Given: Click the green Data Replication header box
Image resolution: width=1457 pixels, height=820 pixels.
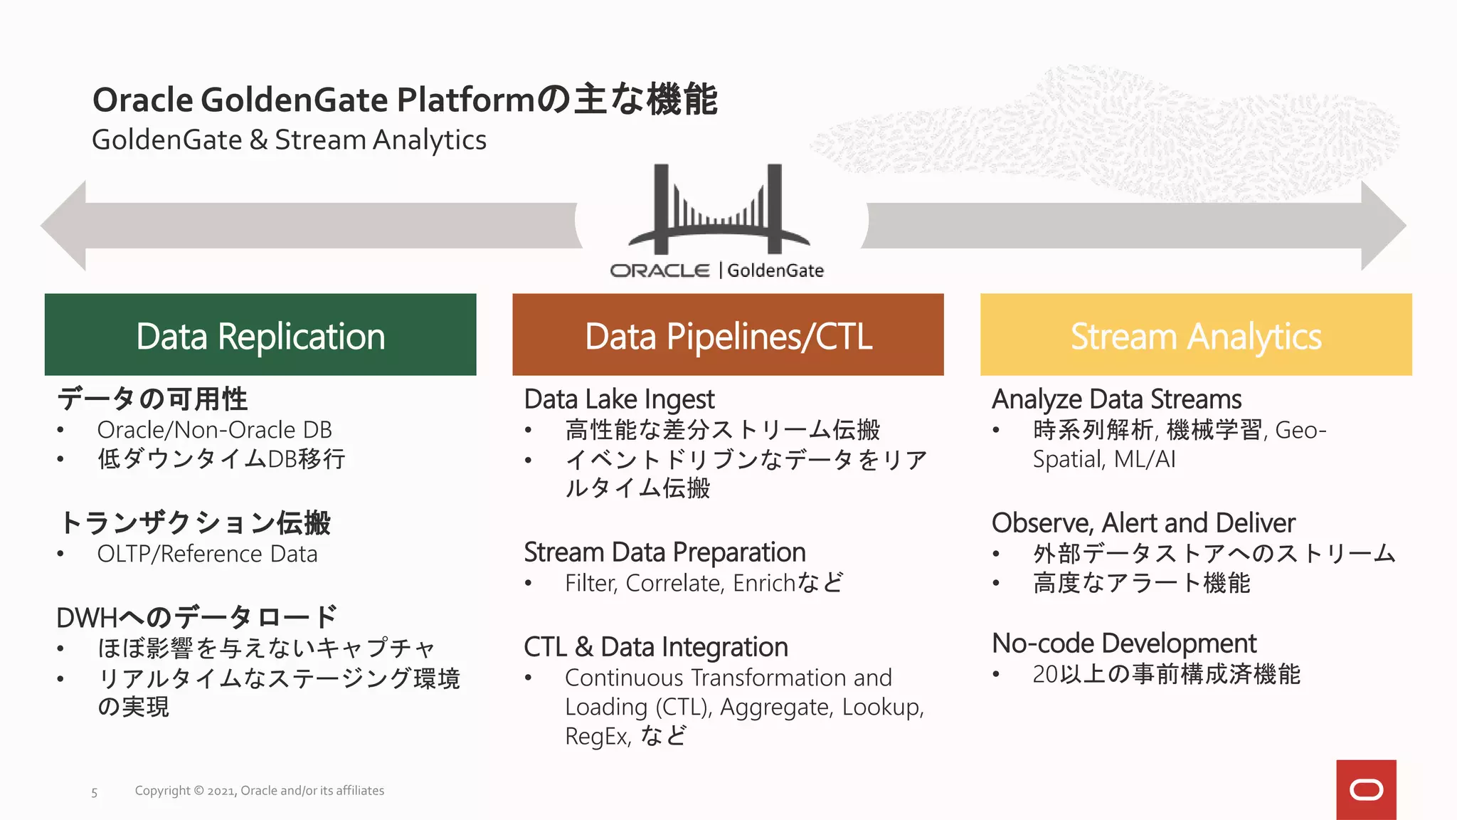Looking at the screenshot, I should [260, 335].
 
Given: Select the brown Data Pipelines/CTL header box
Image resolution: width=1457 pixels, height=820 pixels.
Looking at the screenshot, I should [728, 335].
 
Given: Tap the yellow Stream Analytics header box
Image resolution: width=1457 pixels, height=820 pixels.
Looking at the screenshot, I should [1196, 335].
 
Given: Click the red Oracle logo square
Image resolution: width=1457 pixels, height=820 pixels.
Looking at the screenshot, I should [1366, 789].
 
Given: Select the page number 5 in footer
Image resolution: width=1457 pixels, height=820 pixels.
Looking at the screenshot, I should [94, 792].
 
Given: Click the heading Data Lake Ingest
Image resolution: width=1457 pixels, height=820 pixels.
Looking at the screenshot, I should [619, 399].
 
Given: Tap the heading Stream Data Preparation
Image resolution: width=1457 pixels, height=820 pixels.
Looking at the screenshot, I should [664, 552].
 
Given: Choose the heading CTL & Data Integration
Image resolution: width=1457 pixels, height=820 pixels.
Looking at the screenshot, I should [655, 647].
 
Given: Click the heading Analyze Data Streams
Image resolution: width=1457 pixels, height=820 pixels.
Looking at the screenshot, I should [1116, 399].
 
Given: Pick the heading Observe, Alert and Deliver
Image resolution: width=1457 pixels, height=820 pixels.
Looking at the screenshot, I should [1143, 523].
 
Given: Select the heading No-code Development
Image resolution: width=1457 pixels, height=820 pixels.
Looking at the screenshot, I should [1124, 643].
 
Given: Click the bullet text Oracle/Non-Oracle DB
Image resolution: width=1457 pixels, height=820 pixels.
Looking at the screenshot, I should [214, 430].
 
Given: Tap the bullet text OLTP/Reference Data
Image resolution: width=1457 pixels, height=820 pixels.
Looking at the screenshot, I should [207, 554].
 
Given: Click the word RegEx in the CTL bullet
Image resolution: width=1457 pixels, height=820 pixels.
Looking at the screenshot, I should [596, 736].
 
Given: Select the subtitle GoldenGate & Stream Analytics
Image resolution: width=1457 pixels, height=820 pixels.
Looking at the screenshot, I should [289, 140].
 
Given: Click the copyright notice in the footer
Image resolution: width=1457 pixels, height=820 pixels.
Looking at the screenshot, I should [259, 791].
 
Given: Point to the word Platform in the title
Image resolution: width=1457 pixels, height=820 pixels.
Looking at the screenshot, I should [465, 100].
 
